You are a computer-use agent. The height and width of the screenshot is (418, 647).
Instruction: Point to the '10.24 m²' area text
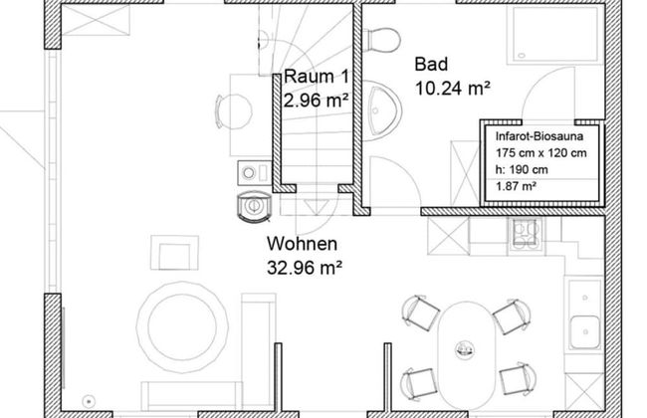(x=454, y=88)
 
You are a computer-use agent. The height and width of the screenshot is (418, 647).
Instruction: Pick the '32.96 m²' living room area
(x=305, y=267)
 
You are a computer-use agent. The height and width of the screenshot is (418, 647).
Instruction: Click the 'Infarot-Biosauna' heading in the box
(x=539, y=136)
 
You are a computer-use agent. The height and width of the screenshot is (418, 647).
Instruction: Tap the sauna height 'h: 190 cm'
(x=521, y=169)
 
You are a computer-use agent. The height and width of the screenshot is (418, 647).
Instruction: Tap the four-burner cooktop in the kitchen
(x=524, y=234)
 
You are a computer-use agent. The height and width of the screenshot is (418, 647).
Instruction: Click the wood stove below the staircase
(x=254, y=205)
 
